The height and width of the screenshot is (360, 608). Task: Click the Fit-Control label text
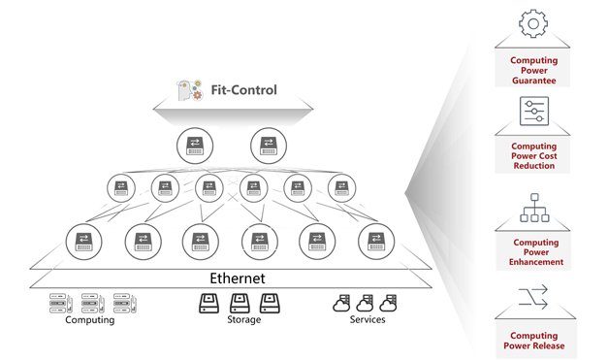tap(244, 90)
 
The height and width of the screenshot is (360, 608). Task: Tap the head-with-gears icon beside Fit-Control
tap(190, 90)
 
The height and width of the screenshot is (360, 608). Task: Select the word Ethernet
tap(238, 278)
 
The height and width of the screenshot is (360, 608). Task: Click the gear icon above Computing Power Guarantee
tap(533, 23)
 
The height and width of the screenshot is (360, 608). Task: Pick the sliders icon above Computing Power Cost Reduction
tap(534, 111)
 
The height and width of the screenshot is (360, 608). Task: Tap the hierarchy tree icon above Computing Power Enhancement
tap(534, 208)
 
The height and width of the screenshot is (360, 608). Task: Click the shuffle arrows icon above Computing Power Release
tap(533, 297)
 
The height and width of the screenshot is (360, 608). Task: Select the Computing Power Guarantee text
tap(534, 70)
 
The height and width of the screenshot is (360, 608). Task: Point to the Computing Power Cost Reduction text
tap(534, 156)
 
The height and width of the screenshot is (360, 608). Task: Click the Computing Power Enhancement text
tap(536, 252)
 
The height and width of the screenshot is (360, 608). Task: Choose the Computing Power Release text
tap(534, 341)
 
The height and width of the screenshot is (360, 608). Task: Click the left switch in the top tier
tap(195, 146)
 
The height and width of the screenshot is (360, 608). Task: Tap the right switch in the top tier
tap(269, 146)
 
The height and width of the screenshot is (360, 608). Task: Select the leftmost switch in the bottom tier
tap(83, 242)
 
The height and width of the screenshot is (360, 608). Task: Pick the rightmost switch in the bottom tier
tap(376, 242)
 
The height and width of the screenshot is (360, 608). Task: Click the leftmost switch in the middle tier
tap(121, 188)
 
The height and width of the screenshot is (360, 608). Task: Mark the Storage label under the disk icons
tap(244, 319)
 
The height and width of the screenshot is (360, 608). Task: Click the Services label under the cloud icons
tap(368, 319)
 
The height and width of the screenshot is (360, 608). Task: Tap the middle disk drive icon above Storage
tap(240, 304)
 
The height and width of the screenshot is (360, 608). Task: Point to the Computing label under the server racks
tap(90, 320)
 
